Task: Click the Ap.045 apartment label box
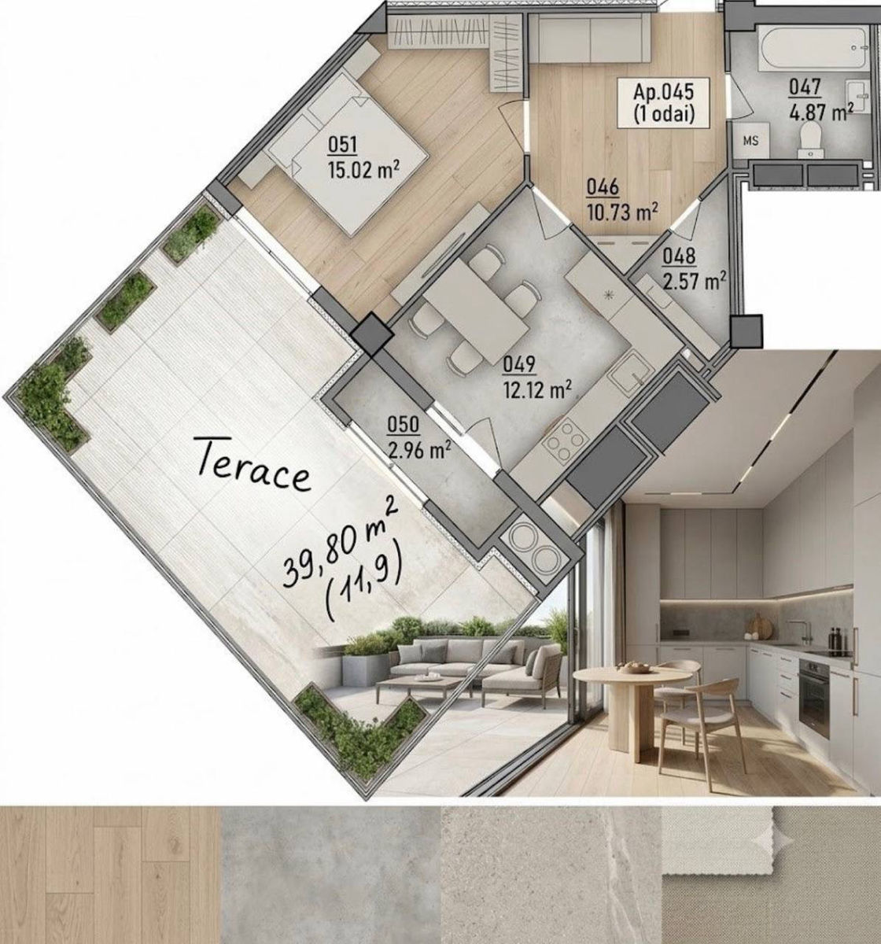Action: pyautogui.click(x=663, y=103)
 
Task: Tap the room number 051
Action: pyautogui.click(x=342, y=146)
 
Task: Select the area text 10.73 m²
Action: pyautogui.click(x=623, y=212)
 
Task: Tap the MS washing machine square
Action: pyautogui.click(x=750, y=141)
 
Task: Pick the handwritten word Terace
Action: pyautogui.click(x=253, y=466)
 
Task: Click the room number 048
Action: pyautogui.click(x=679, y=257)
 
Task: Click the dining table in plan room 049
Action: pyautogui.click(x=475, y=305)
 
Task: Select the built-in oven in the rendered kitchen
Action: pyautogui.click(x=813, y=697)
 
